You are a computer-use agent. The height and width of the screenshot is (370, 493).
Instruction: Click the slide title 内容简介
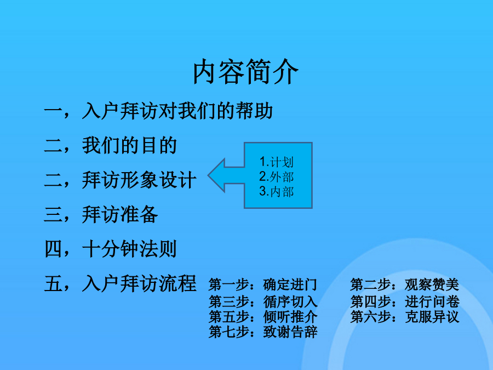click(245, 72)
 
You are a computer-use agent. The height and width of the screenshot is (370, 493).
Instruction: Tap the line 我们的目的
click(129, 145)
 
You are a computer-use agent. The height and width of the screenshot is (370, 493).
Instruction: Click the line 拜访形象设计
click(139, 180)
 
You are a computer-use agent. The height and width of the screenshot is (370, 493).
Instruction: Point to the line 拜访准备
click(120, 214)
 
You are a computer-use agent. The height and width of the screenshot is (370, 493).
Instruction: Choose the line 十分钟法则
click(129, 249)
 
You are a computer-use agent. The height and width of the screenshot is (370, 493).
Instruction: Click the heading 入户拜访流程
click(139, 283)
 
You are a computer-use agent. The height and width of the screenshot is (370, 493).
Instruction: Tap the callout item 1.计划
click(277, 162)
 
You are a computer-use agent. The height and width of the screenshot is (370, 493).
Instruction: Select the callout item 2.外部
click(277, 177)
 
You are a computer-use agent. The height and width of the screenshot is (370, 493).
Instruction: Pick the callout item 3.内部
click(277, 192)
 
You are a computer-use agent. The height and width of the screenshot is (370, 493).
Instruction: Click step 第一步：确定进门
click(262, 284)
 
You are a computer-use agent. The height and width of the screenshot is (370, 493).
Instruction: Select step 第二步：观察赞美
click(405, 284)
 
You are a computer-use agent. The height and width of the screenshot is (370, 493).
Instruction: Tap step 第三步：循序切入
click(263, 301)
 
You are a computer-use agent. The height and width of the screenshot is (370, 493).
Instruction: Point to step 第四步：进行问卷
click(405, 301)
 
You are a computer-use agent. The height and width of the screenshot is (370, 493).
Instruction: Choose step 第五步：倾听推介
click(263, 316)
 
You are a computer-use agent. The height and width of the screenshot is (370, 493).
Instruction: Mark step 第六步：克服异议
click(405, 316)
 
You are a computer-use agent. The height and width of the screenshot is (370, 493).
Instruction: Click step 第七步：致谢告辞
click(263, 332)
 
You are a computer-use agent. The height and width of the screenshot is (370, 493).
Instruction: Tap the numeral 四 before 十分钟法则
click(53, 249)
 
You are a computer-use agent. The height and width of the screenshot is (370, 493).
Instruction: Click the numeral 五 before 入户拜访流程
click(53, 283)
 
